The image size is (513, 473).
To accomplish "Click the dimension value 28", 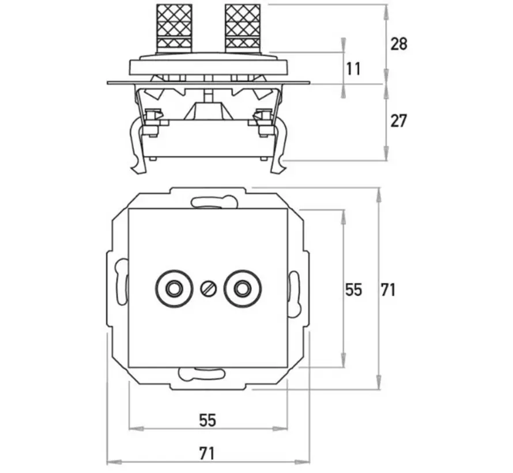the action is point(398,43).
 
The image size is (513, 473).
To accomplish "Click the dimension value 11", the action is point(354,68).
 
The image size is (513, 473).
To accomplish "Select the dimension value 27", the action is point(398,121).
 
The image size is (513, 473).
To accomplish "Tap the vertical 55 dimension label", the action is point(354,289).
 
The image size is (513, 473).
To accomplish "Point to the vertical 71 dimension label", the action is point(388,289).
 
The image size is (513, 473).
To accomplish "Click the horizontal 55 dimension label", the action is point(208,420).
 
